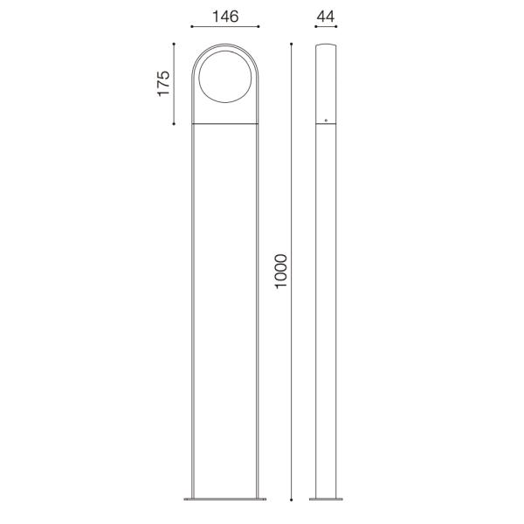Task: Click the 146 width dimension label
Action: coord(224,17)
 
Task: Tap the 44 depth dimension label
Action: coord(326,17)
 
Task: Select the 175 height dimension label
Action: coord(163,84)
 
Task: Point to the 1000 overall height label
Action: coord(281,272)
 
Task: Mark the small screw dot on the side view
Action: coord(326,120)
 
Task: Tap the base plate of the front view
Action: coord(224,500)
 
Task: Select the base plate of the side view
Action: coord(326,500)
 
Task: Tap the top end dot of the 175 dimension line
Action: coord(175,43)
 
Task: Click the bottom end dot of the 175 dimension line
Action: coord(175,125)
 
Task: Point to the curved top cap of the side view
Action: coord(326,44)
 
